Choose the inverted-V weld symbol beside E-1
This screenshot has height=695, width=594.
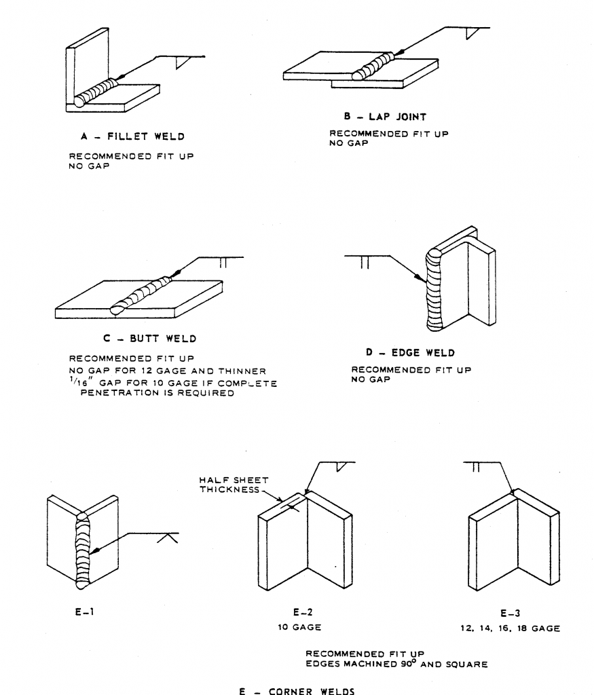[x=164, y=538]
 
